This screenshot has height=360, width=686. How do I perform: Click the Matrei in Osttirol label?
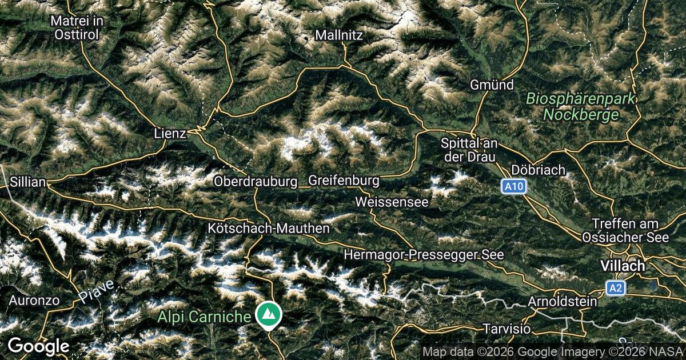77,27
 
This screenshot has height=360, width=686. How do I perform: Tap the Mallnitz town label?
339,35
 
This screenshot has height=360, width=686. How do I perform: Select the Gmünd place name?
492,85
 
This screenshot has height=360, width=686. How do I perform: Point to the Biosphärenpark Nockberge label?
581,106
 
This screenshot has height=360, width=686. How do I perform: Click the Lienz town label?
170,133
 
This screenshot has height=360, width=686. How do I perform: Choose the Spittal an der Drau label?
469,149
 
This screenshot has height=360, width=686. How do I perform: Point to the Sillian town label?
28,182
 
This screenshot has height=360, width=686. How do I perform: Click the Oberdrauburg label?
256,181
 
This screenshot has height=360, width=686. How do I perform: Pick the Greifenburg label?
344,181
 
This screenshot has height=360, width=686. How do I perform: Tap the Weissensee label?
392,202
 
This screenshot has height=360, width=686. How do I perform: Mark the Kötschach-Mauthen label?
269,228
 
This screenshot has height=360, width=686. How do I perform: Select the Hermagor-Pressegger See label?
424,254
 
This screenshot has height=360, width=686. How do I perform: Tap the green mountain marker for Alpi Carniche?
267,315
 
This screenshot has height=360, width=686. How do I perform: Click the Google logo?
38,346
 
